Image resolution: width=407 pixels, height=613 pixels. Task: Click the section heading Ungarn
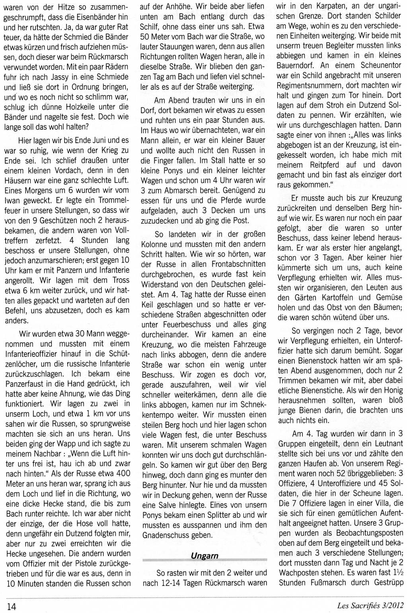pos(204,556)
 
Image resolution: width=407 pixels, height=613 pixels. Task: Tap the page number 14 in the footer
pos(11,606)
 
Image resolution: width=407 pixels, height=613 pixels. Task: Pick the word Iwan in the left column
pos(13,200)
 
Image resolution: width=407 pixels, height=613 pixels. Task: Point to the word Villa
pos(373,503)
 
